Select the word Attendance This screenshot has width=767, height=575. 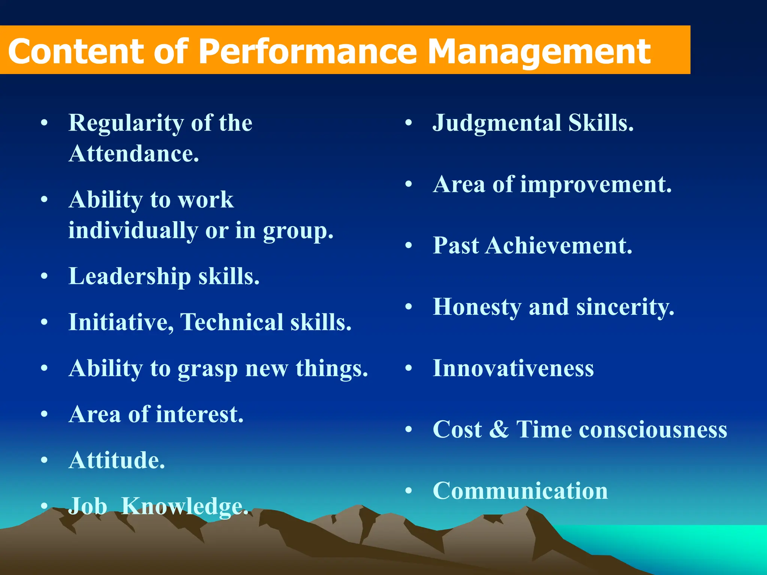[x=134, y=154]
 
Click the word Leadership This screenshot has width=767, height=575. [x=130, y=277]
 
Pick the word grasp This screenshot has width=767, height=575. [x=207, y=369]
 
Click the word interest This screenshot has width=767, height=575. [x=200, y=414]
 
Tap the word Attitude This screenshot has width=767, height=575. [x=116, y=460]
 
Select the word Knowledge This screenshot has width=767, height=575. [x=185, y=506]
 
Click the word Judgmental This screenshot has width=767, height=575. [x=497, y=123]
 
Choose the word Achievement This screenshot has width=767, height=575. [x=559, y=246]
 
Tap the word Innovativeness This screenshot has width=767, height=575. [x=513, y=368]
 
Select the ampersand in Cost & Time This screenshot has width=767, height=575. [x=499, y=429]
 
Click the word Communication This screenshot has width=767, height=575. [x=520, y=491]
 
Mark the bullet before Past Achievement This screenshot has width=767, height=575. [x=409, y=246]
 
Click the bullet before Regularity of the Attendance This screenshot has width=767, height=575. [x=44, y=123]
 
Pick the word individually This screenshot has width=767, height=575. [x=133, y=231]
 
